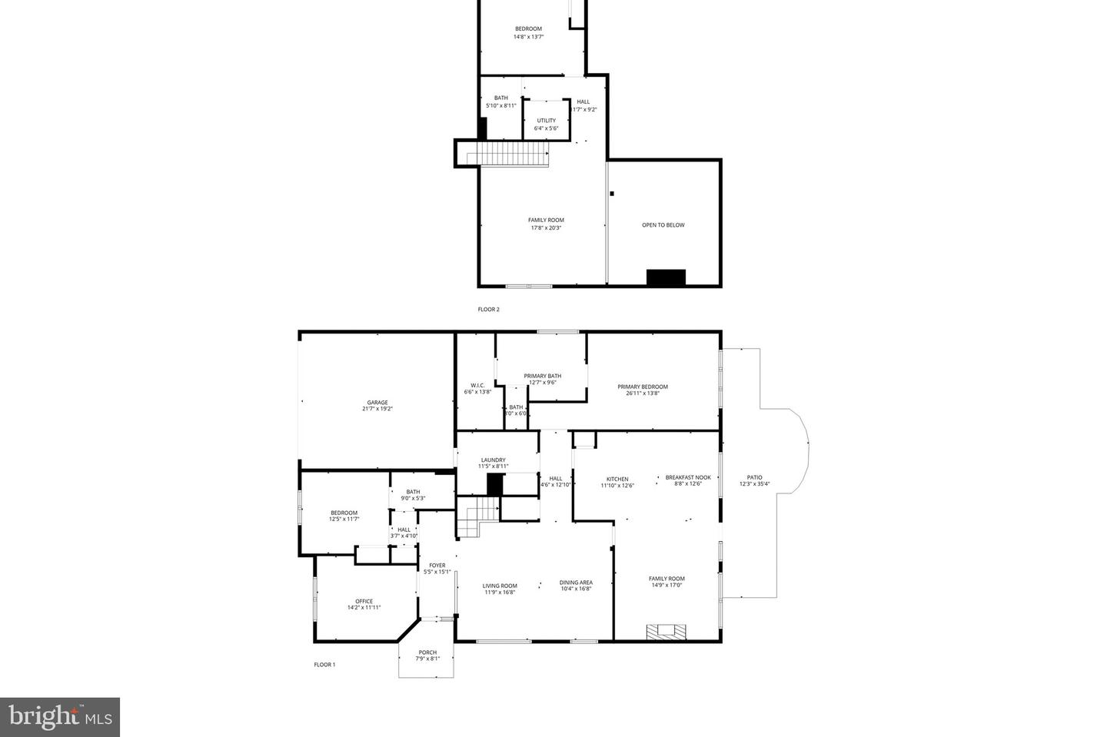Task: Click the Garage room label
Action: pyautogui.click(x=377, y=406)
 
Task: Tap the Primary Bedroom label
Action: pyautogui.click(x=643, y=390)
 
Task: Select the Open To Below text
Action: pyautogui.click(x=663, y=225)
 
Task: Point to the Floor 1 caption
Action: pyautogui.click(x=324, y=665)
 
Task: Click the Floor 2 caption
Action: pyautogui.click(x=488, y=310)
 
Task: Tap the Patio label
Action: pyautogui.click(x=754, y=480)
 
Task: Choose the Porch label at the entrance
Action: pyautogui.click(x=427, y=656)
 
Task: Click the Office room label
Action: pyautogui.click(x=364, y=604)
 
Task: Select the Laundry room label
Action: pyautogui.click(x=493, y=463)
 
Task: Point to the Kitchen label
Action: pyautogui.click(x=617, y=482)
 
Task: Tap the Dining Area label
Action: pyautogui.click(x=576, y=586)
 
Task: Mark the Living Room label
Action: pyautogui.click(x=500, y=589)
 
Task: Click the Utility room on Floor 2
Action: pyautogui.click(x=546, y=124)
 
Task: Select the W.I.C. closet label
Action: pyautogui.click(x=477, y=388)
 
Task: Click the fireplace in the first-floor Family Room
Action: pyautogui.click(x=666, y=632)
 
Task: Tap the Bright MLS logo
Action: pyautogui.click(x=60, y=717)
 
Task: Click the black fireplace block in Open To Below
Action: pyautogui.click(x=665, y=277)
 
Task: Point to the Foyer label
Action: pyautogui.click(x=437, y=568)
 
